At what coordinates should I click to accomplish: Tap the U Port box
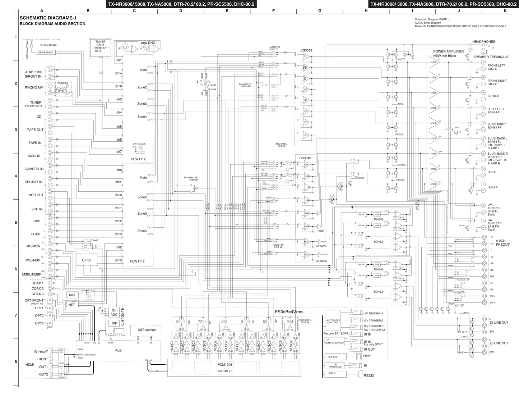click(x=87, y=260)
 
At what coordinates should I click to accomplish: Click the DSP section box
click(x=147, y=330)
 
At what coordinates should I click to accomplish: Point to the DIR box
click(x=114, y=323)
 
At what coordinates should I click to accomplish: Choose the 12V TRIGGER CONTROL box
click(x=333, y=322)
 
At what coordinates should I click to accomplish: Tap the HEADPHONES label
click(x=483, y=42)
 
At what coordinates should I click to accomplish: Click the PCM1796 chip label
click(x=224, y=365)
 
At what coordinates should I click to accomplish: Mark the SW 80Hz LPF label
click(x=191, y=178)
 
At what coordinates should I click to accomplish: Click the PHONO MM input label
click(x=34, y=87)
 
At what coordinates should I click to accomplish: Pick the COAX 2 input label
click(x=37, y=288)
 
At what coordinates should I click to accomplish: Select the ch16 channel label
click(x=118, y=86)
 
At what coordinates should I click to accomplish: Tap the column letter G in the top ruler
click(x=319, y=11)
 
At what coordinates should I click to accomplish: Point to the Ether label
click(x=366, y=356)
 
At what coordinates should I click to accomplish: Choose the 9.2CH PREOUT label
click(x=502, y=242)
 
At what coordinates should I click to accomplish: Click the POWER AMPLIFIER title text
click(x=448, y=51)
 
